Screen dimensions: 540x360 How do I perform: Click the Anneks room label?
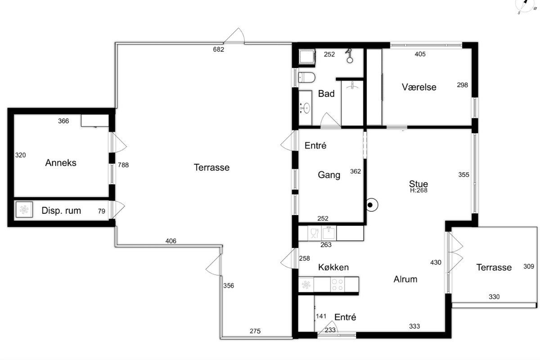(61, 163)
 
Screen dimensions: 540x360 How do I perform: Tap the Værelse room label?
(419, 87)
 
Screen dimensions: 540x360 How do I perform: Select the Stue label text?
(418, 184)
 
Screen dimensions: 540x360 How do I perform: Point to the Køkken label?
(333, 267)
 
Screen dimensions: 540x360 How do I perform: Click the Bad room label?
(326, 94)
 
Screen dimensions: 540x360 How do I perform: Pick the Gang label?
(329, 175)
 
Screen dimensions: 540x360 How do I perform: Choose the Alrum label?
(405, 279)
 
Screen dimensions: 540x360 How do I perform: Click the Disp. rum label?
(61, 211)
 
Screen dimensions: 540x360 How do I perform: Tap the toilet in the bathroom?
(306, 78)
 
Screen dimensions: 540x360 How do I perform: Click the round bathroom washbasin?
(306, 108)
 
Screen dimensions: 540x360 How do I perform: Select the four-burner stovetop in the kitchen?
(337, 284)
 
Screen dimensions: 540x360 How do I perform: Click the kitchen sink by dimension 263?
(329, 233)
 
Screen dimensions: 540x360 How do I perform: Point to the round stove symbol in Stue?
(372, 205)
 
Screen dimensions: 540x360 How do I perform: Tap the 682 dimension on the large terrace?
(218, 49)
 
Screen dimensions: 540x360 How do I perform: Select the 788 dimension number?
(123, 165)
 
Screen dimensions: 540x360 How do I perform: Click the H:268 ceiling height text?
(419, 190)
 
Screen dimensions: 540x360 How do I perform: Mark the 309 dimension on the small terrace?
(529, 266)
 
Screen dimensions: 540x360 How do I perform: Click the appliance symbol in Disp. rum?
(24, 210)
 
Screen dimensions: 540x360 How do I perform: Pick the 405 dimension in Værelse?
(420, 54)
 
